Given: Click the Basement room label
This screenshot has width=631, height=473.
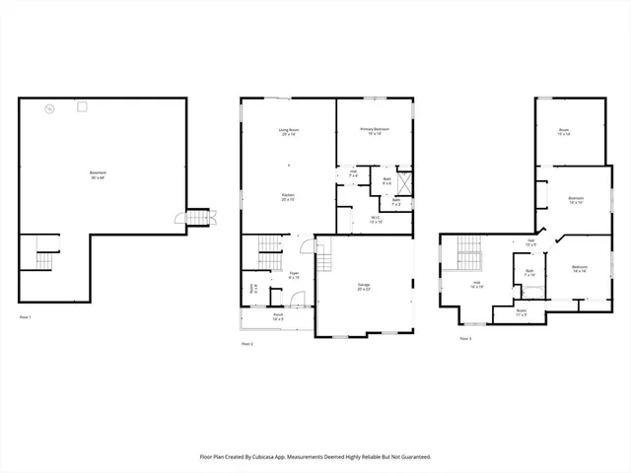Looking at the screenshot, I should click(x=98, y=175).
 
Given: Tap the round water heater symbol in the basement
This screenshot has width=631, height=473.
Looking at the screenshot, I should click(x=49, y=107).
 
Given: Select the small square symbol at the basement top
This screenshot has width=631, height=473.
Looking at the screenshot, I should click(x=83, y=106).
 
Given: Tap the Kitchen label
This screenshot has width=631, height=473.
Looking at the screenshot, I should click(x=288, y=197).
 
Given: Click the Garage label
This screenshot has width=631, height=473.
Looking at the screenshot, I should click(x=364, y=287).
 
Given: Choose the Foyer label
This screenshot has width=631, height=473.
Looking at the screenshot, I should click(x=294, y=276).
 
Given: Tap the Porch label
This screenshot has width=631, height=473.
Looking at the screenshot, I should click(x=278, y=317).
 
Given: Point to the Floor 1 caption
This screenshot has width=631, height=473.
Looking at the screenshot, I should click(x=26, y=317).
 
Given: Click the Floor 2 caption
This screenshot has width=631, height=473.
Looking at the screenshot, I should click(x=246, y=344).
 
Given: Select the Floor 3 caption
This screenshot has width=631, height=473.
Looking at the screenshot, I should click(x=465, y=338).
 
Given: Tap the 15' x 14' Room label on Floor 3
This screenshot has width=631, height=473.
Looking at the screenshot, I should click(x=564, y=131).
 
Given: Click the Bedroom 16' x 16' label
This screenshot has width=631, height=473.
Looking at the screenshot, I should click(x=576, y=200).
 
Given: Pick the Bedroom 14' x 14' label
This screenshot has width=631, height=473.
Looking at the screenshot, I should click(x=580, y=268).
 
